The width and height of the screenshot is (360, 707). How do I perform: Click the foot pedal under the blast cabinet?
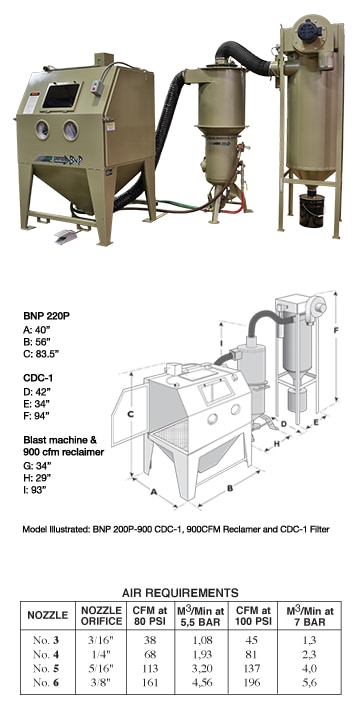click(68, 236)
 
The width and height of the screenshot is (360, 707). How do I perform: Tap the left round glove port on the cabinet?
click(43, 129)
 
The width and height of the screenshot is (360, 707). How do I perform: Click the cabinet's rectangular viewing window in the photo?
click(60, 96)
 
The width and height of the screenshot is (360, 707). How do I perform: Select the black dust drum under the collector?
click(312, 211)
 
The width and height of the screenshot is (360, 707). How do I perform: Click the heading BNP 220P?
click(43, 316)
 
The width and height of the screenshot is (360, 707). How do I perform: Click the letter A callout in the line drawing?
click(152, 492)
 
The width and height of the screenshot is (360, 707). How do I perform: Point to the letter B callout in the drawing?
click(229, 487)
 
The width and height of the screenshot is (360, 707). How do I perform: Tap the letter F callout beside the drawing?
click(336, 330)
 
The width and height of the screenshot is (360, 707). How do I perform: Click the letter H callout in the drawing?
click(277, 444)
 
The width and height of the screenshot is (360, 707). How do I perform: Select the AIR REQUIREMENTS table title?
click(180, 592)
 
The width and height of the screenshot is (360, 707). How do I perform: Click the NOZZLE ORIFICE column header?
click(102, 615)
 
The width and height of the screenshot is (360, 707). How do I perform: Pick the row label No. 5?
click(46, 668)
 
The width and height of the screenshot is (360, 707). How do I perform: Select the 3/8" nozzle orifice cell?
click(101, 682)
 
